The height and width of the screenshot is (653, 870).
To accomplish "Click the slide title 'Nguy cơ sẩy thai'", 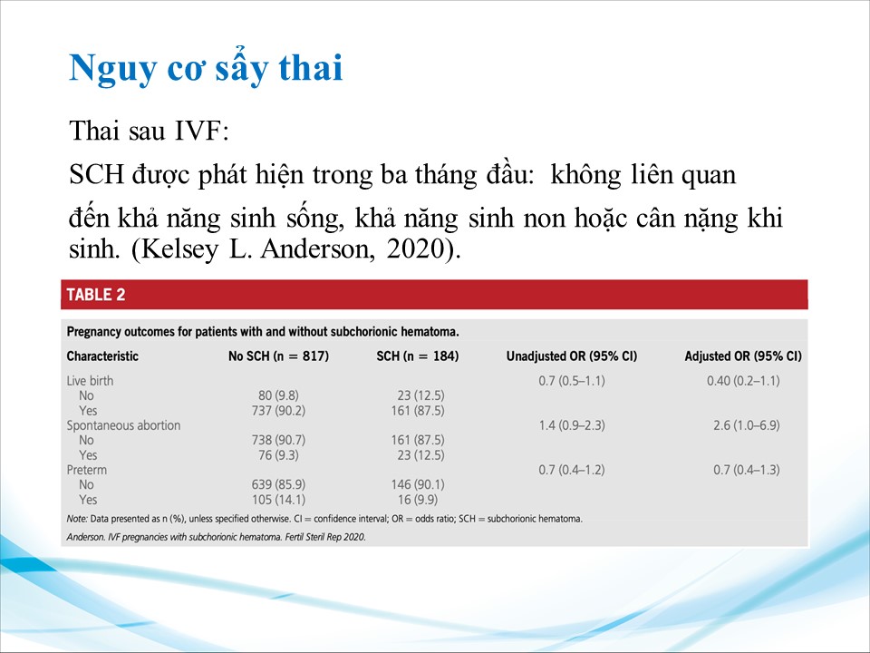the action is pos(206,68).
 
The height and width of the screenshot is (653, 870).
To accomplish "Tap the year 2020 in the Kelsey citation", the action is pos(415,249).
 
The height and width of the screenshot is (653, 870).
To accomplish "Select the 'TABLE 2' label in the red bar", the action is pos(96,294).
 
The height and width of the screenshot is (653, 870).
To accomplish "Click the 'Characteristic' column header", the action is pos(102,356).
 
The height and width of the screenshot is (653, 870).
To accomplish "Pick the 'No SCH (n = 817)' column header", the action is pos(278,356).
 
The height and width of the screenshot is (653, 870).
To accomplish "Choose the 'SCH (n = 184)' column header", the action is pos(418,356).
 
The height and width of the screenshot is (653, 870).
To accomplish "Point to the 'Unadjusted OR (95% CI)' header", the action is pos(572,356).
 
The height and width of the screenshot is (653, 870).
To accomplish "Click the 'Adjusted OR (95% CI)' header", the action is pos(743,356).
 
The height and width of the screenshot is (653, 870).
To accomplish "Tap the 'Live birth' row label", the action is pos(90,381).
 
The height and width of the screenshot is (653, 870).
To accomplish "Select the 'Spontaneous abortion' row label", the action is pos(124,425).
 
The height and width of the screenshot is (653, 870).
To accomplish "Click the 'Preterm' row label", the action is pos(87,470).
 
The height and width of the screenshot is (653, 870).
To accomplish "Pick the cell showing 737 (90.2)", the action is pos(278,411).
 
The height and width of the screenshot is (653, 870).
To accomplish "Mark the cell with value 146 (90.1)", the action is pos(418,484).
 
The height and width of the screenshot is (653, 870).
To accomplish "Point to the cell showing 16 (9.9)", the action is pos(418,500).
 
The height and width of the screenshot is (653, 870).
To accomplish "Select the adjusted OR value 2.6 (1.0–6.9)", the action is pos(746,425).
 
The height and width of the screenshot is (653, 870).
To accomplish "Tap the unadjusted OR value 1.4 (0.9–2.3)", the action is pos(572,425).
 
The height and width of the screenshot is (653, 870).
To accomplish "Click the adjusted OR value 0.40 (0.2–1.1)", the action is pos(743,381).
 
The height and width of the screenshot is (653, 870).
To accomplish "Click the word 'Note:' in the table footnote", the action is pos(77,519).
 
